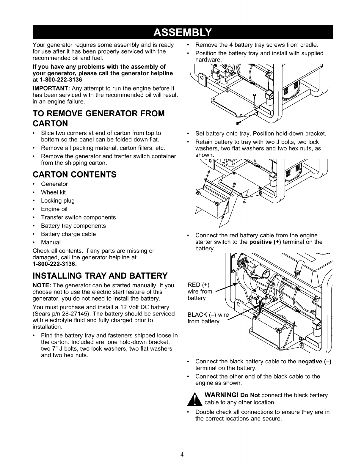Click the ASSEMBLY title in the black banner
(182, 32)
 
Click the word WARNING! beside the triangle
(221, 395)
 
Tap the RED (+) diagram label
(199, 285)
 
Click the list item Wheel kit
(53, 192)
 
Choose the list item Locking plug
(58, 201)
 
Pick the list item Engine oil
(54, 209)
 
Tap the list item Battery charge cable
(68, 234)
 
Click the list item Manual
(51, 242)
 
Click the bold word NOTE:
(40, 285)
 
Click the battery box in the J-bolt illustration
(208, 202)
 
